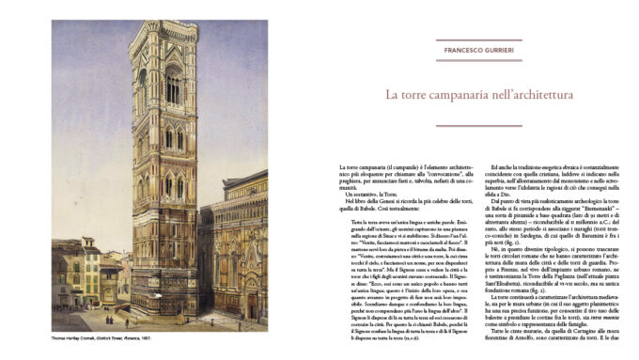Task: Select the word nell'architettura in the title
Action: (536, 95)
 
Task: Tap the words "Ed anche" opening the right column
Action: (501, 166)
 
